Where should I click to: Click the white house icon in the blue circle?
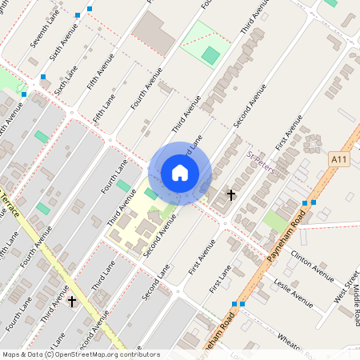click(x=180, y=172)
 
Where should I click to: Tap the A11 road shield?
click(x=340, y=160)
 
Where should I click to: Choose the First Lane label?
click(x=219, y=277)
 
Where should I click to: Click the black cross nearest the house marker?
click(x=231, y=194)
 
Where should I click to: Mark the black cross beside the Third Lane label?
click(x=72, y=301)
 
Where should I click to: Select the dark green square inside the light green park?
click(x=210, y=55)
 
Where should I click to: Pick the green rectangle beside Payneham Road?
click(x=277, y=221)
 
